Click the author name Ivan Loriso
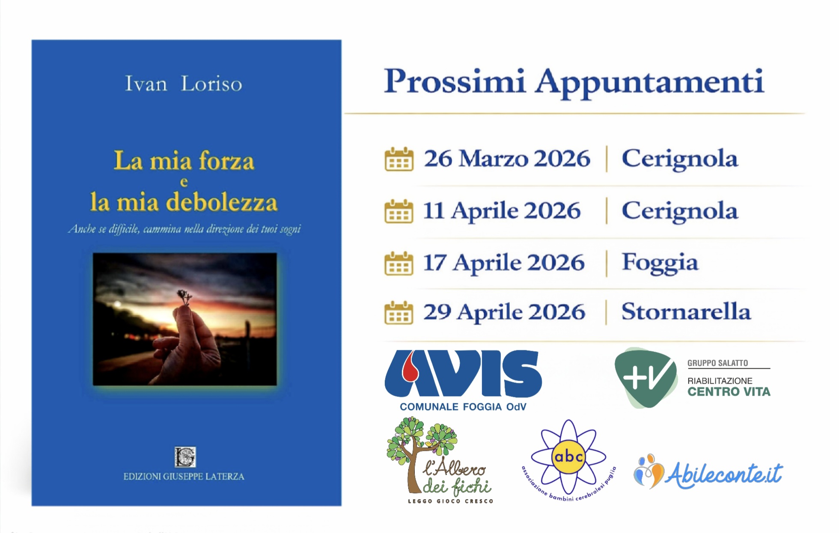183,83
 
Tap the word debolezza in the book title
222,202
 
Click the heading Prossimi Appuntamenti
574,82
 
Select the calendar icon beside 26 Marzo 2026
399,159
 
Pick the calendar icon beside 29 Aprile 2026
399,313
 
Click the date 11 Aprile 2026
502,211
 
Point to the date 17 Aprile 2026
504,263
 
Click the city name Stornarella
686,311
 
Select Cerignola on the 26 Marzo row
680,160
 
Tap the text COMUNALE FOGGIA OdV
463,407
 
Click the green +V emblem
646,377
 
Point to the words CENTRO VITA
729,392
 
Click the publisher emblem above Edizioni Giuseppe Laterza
185,457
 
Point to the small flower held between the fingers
185,296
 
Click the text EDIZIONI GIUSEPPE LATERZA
184,477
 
